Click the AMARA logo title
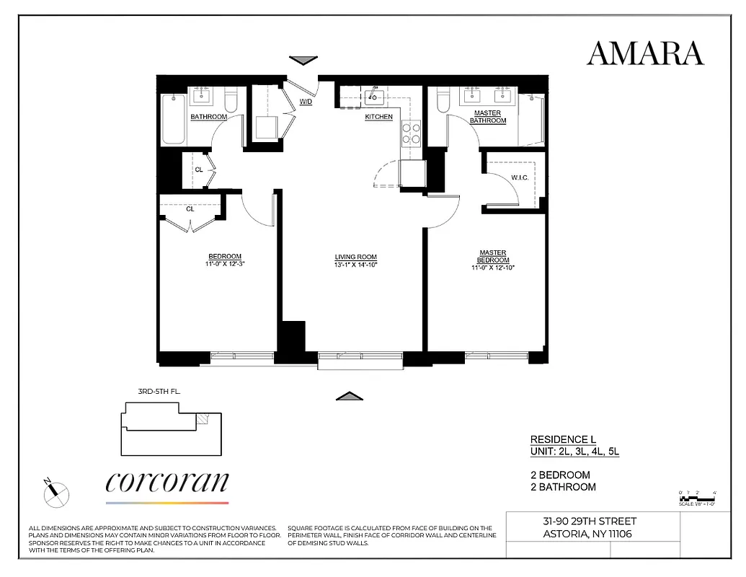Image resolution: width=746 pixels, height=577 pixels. point(645,53)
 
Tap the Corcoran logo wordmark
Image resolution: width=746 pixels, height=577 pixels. point(167,483)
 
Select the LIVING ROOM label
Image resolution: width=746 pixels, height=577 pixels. point(355,257)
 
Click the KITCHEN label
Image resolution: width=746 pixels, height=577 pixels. point(379,117)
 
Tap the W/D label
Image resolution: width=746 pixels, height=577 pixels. point(306,102)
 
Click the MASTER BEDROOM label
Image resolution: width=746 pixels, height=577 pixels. point(493,257)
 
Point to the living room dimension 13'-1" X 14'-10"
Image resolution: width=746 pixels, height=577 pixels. point(356,265)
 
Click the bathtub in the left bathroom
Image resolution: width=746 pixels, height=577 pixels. point(174,120)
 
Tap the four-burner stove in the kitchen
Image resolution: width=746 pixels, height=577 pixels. point(412,133)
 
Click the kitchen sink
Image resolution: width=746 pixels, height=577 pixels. point(374,97)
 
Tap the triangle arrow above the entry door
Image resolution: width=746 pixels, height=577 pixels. point(303,61)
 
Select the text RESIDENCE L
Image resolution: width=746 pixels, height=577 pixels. point(563,439)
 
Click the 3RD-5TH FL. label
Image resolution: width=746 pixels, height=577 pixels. point(159,392)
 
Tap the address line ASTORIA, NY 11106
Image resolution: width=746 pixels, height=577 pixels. point(589,534)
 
